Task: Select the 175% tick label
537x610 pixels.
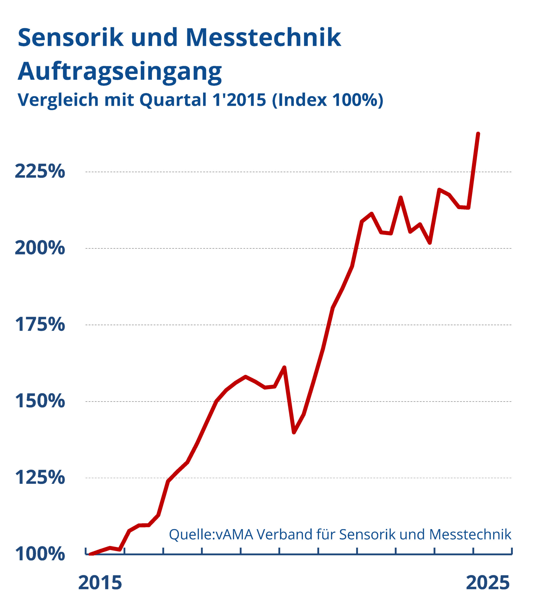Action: point(40,325)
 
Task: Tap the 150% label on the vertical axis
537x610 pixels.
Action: point(40,401)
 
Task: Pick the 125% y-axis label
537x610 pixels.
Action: point(40,478)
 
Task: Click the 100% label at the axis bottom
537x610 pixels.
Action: point(40,554)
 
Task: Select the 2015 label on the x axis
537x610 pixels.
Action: point(100,583)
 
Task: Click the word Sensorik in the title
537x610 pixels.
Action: point(71,38)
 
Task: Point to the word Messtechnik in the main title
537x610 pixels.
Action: point(263,38)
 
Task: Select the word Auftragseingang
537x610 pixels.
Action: point(120,72)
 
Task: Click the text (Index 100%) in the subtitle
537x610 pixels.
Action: point(327,100)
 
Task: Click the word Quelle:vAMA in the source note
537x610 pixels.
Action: point(211,535)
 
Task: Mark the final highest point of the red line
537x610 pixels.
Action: point(478,134)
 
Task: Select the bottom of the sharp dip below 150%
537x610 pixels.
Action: point(294,432)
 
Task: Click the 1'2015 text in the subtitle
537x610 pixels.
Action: point(239,100)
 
